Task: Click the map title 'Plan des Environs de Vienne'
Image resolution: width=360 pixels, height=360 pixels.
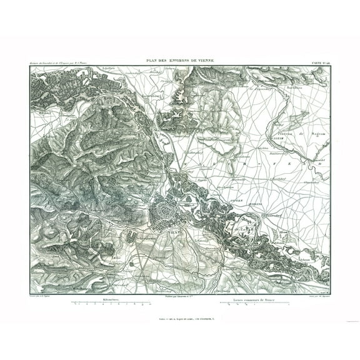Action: coord(180,60)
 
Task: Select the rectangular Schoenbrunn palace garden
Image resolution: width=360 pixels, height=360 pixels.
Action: coord(131,237)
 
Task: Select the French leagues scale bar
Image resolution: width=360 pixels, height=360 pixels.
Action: coord(254,305)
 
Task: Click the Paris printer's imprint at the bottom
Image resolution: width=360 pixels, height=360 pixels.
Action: coord(180,318)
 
